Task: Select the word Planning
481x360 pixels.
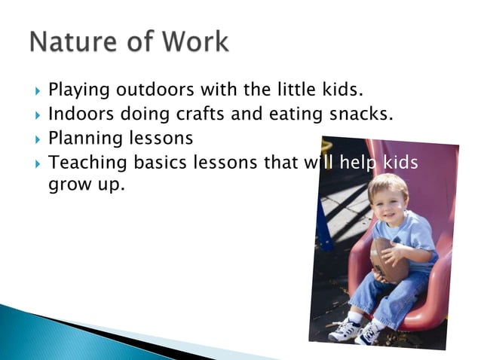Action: (x=83, y=139)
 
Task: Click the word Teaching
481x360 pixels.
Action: (x=85, y=163)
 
